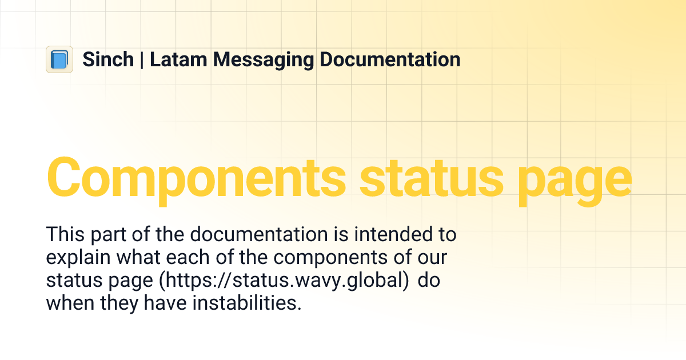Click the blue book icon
tap(59, 59)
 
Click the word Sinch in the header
tap(108, 59)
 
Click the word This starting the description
tap(65, 235)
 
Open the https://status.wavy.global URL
tap(284, 281)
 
